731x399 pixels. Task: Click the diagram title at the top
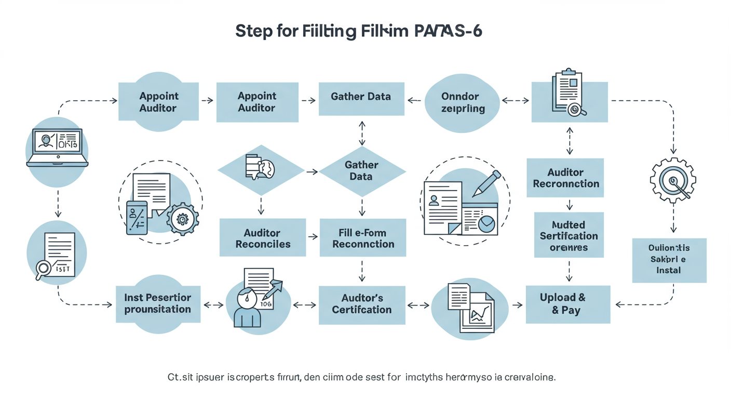358,31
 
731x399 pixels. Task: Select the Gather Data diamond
362,171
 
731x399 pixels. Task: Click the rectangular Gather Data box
361,97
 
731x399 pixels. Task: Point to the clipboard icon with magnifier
568,94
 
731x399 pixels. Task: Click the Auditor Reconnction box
565,178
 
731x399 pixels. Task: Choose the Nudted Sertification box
569,235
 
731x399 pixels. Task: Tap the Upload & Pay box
567,304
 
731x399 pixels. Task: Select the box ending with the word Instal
669,260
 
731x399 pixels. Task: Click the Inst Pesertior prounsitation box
157,304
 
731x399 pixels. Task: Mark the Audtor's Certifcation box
362,304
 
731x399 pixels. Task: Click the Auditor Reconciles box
263,238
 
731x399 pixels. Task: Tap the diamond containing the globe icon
260,169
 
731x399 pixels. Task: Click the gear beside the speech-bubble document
182,219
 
